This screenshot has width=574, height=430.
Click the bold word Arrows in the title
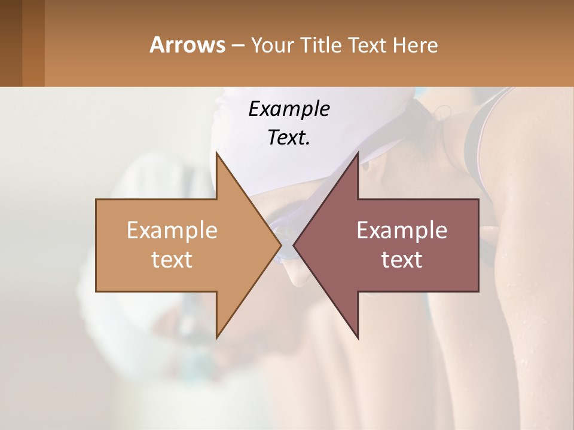click(187, 45)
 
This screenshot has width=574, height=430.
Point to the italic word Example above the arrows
click(289, 109)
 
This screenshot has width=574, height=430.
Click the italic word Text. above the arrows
click(289, 138)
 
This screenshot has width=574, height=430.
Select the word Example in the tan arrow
click(172, 230)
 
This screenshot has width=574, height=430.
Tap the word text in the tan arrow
click(172, 259)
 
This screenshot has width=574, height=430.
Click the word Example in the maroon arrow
click(402, 230)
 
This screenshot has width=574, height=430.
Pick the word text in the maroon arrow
click(402, 259)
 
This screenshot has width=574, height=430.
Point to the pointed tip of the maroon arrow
click(294, 245)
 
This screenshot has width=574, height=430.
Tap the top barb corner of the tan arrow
click(216, 153)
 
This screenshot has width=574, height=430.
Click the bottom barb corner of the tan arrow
click(216, 337)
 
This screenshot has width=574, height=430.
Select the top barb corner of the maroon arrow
click(358, 153)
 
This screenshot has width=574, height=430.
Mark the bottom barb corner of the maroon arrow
click(358, 337)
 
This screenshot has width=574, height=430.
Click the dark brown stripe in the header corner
click(11, 43)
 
